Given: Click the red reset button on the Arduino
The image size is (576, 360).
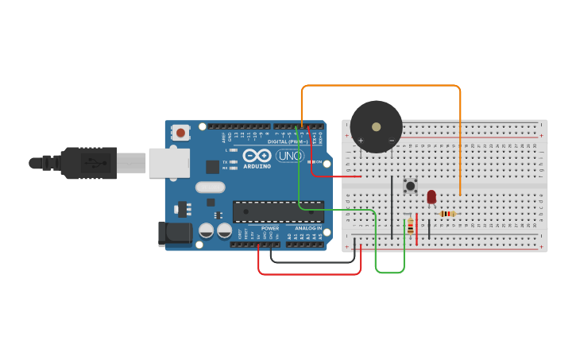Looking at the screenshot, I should pyautogui.click(x=181, y=133).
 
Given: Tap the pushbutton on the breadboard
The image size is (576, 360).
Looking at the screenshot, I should pyautogui.click(x=411, y=186).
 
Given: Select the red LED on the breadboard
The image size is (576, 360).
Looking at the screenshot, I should pyautogui.click(x=431, y=196).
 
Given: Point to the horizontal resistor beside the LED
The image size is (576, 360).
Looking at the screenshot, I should pyautogui.click(x=448, y=213).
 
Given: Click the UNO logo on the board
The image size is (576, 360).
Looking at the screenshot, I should pyautogui.click(x=290, y=156).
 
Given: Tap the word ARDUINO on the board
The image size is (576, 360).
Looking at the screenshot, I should pyautogui.click(x=257, y=166).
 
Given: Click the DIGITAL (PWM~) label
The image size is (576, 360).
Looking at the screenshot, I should pyautogui.click(x=288, y=141).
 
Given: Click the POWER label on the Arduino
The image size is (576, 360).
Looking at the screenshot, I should pyautogui.click(x=270, y=228).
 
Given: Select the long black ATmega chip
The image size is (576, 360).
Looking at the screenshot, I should pyautogui.click(x=277, y=211).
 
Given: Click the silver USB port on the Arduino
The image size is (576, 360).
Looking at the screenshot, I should pyautogui.click(x=169, y=162).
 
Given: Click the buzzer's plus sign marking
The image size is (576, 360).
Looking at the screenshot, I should pyautogui.click(x=361, y=141).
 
